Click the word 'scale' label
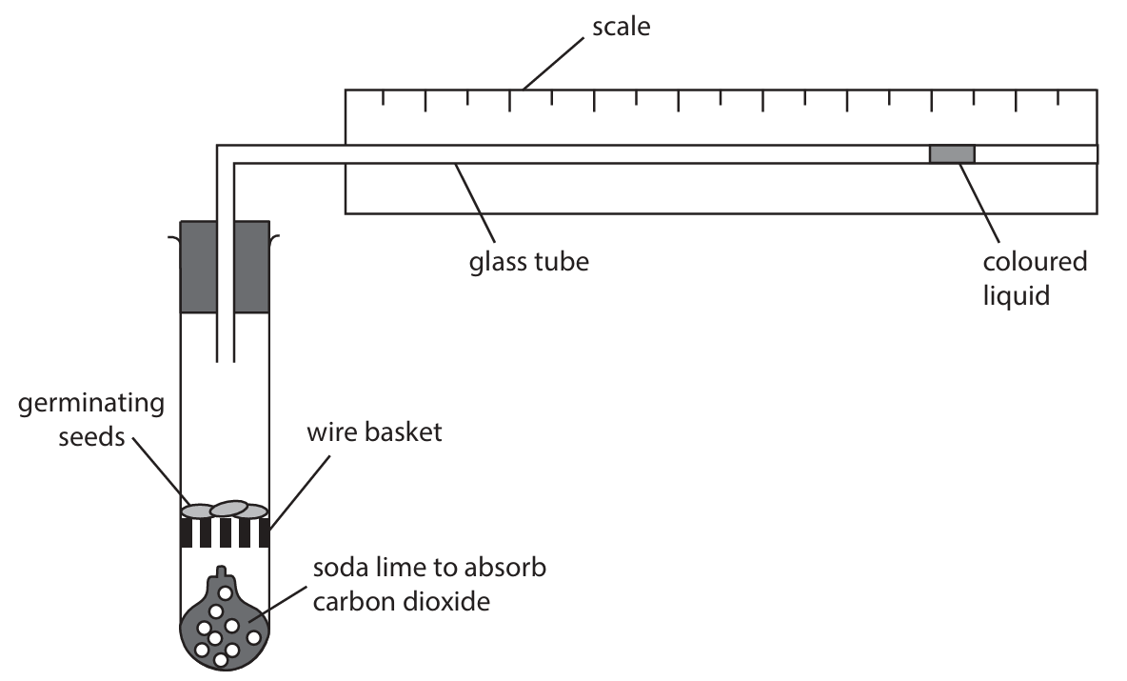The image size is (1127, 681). (621, 28)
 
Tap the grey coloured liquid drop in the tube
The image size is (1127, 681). (951, 154)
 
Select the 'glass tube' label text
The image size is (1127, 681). (529, 260)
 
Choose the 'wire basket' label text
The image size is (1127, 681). (374, 433)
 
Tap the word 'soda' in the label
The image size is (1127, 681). (340, 570)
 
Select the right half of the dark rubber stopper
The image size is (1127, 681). (252, 267)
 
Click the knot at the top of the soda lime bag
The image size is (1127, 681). (221, 574)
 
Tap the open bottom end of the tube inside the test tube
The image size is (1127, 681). (226, 361)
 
